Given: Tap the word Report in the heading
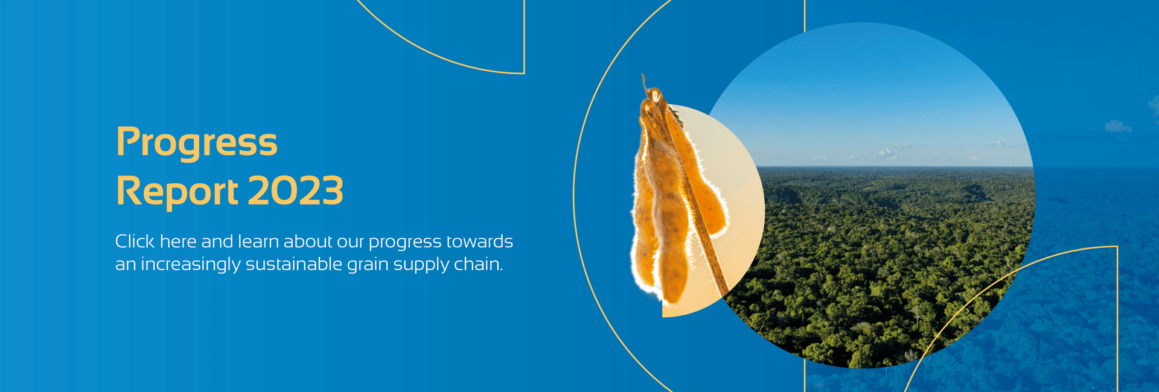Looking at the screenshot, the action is (x=177, y=191).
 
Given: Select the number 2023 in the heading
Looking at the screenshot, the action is (x=296, y=191).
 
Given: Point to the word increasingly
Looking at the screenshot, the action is (x=190, y=265).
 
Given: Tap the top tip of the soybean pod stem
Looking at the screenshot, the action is (x=643, y=75).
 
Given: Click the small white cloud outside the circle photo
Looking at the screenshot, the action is (x=1118, y=126).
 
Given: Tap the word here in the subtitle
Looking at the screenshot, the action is (x=178, y=241).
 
